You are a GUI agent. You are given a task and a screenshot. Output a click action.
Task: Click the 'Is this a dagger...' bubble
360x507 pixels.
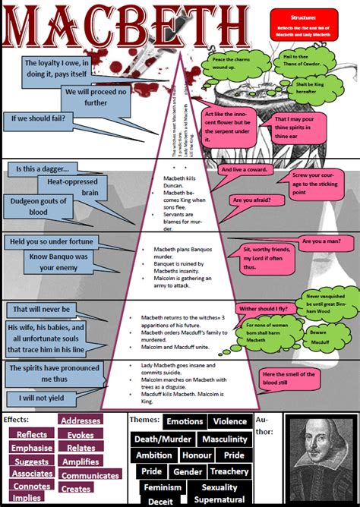pyautogui.click(x=43, y=168)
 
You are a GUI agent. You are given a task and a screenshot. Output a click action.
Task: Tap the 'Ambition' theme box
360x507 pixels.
pyautogui.click(x=154, y=455)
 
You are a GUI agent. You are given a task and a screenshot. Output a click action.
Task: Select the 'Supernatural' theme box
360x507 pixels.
pyautogui.click(x=218, y=500)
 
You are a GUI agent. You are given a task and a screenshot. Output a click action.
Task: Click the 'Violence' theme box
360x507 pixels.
pyautogui.click(x=230, y=421)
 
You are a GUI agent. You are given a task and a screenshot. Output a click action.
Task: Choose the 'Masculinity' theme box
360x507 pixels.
pyautogui.click(x=224, y=439)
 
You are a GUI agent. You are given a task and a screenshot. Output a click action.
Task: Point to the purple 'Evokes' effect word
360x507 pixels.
pyautogui.click(x=81, y=435)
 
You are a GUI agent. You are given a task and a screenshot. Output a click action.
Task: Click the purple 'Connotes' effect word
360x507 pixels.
pyautogui.click(x=31, y=486)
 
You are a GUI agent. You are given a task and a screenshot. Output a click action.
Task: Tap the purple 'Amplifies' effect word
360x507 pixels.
pyautogui.click(x=81, y=461)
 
